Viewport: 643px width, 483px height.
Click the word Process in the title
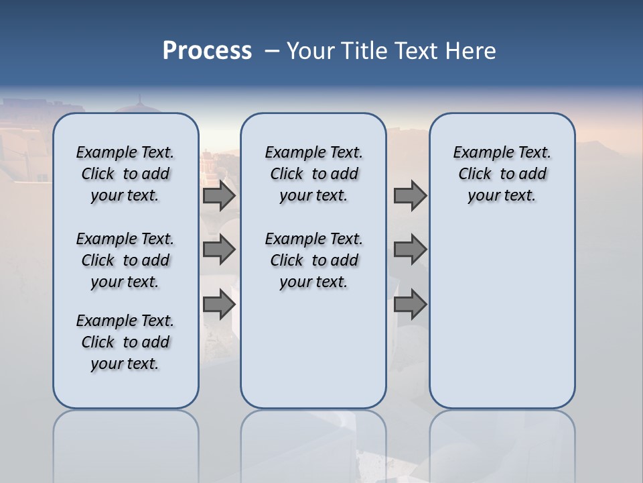(207, 51)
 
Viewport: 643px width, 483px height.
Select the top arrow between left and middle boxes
(219, 196)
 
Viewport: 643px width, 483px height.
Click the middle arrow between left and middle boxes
(219, 250)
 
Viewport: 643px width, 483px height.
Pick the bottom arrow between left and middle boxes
(219, 305)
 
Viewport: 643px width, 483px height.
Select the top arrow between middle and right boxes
(410, 196)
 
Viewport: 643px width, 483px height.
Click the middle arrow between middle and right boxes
(410, 250)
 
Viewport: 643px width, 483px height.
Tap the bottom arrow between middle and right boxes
(410, 305)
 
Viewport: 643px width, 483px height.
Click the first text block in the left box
(125, 174)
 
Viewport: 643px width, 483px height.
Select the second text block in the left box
(125, 260)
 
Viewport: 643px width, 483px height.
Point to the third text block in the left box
(125, 342)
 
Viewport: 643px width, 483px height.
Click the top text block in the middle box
(313, 174)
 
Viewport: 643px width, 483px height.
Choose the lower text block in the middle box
(313, 260)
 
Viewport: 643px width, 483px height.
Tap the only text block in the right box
(502, 174)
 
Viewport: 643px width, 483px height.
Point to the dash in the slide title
(272, 51)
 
